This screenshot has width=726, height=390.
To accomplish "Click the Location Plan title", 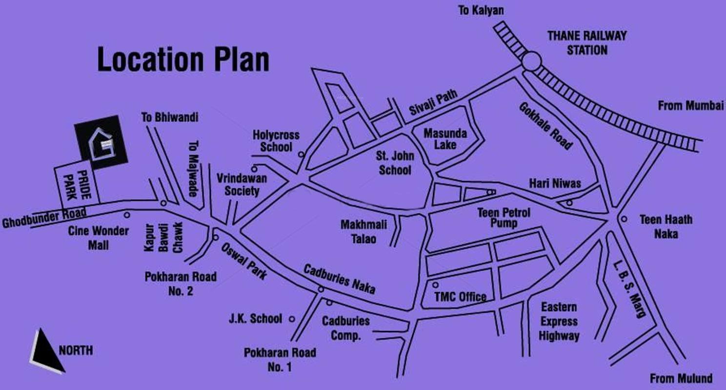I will (183, 59).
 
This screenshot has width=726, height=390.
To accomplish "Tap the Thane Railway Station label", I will (586, 43).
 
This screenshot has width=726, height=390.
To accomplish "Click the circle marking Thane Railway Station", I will (531, 62).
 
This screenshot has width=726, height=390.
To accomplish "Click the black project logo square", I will (101, 143).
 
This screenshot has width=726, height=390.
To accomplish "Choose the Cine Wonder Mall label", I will (99, 238).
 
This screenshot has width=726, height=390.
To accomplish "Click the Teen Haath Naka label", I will (665, 227).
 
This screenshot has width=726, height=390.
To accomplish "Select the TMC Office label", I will (461, 296).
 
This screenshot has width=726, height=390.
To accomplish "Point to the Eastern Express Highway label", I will (559, 322).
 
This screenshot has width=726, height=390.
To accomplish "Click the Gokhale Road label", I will (545, 125).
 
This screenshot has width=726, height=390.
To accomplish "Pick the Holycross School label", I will (276, 141).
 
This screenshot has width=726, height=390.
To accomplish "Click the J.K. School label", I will (256, 319).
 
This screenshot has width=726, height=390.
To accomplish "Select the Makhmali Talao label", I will (363, 232).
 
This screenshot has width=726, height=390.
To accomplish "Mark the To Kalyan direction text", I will (480, 10).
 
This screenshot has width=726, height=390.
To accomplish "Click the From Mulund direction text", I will (681, 378).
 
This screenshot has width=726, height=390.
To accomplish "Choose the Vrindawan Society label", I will (242, 184).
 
